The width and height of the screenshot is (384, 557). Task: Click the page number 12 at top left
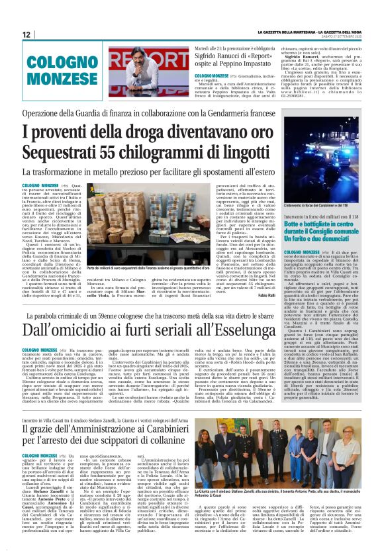[x=27, y=34]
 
